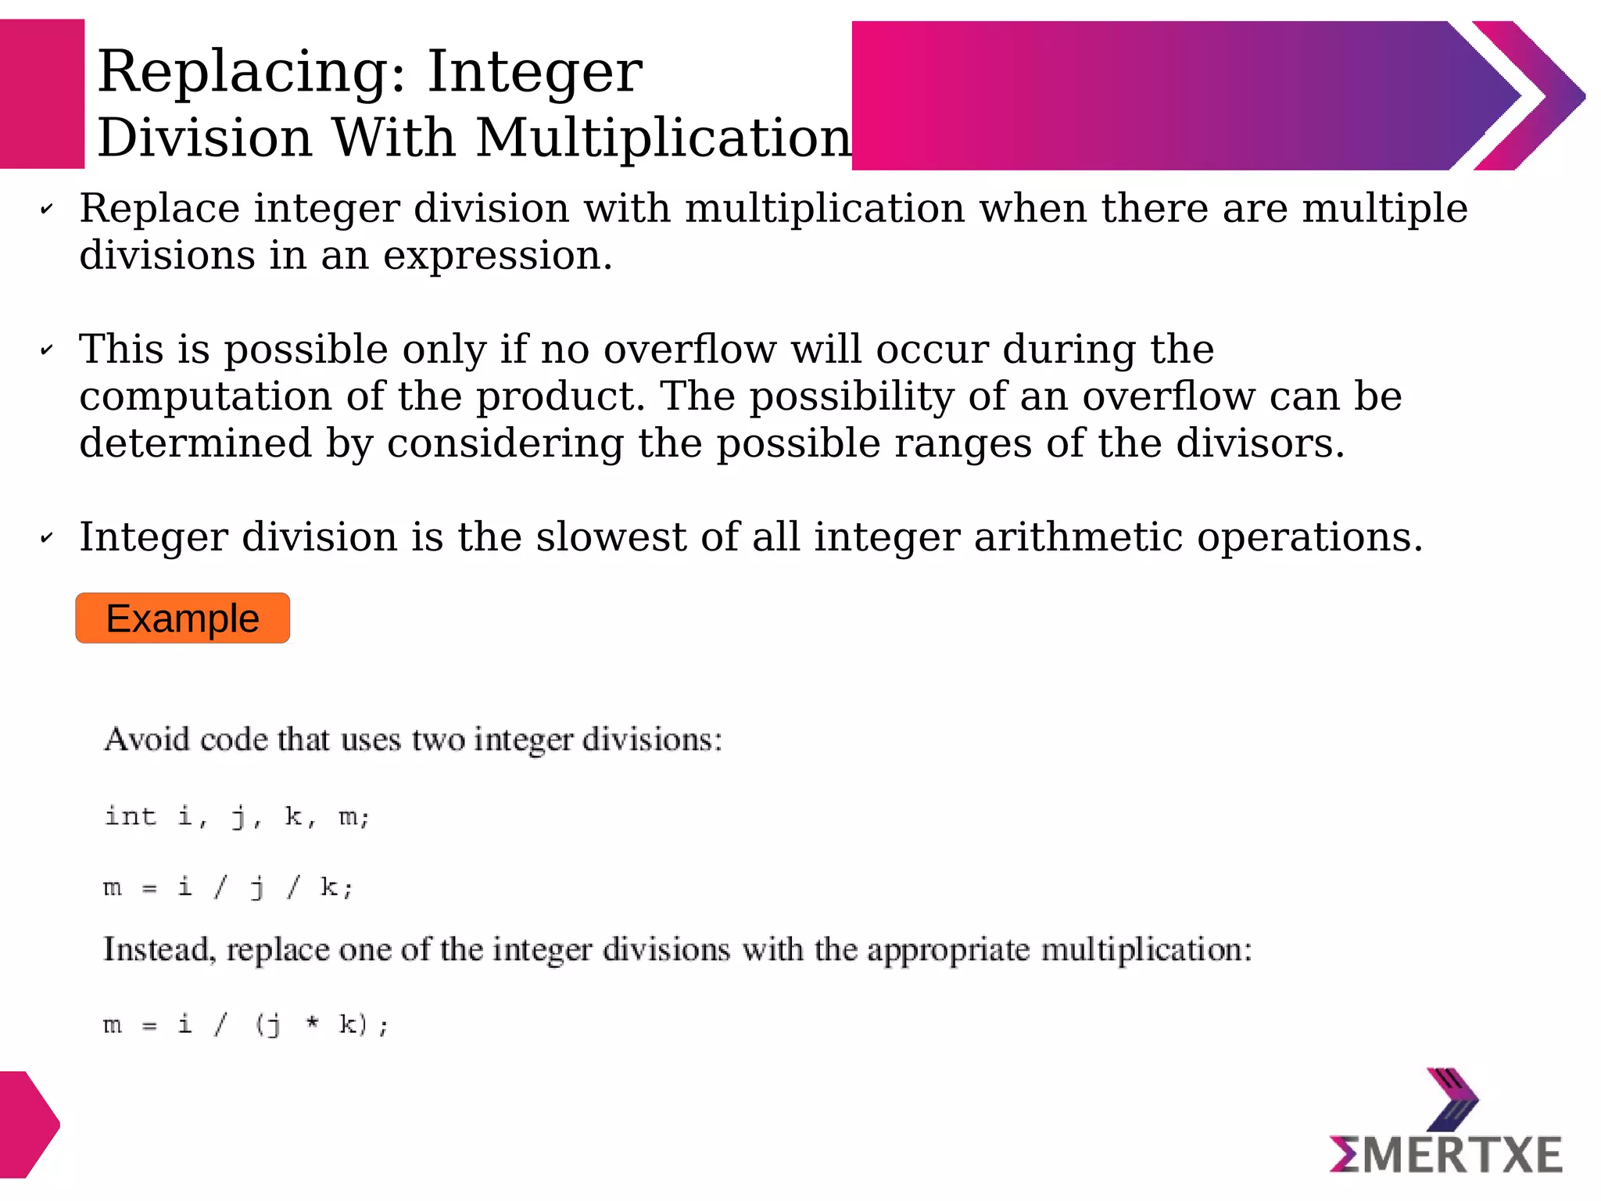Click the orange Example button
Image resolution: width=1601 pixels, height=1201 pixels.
(x=182, y=618)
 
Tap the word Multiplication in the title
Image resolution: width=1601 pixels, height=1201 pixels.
(x=663, y=138)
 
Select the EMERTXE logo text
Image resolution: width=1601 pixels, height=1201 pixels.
(x=1445, y=1155)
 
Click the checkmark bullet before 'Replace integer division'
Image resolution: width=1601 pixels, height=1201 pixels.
(x=47, y=210)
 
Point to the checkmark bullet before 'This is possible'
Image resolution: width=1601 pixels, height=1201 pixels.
(x=47, y=350)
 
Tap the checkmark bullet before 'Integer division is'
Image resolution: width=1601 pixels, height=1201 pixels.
(x=47, y=538)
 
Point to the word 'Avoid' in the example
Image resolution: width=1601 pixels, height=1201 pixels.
(x=147, y=740)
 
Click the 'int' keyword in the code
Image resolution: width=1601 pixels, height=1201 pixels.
(x=131, y=816)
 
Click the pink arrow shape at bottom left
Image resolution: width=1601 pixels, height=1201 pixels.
(x=27, y=1124)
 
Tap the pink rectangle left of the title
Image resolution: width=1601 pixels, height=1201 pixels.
(x=41, y=95)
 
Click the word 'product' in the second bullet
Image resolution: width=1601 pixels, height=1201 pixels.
(x=560, y=396)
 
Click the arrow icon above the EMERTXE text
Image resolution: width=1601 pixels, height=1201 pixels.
(x=1452, y=1099)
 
